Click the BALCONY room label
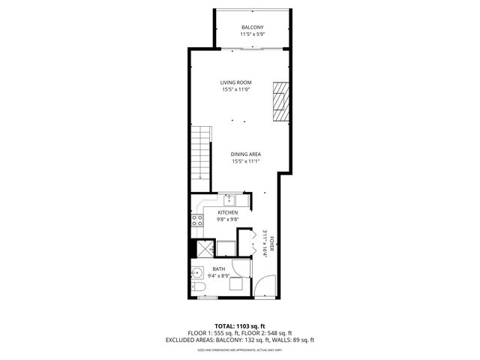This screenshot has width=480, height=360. [251, 28]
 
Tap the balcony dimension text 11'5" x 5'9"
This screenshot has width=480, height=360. [251, 34]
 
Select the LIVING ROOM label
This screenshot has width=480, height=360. [235, 82]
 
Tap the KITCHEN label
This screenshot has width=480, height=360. [228, 212]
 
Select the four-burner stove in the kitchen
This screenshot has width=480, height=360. [198, 220]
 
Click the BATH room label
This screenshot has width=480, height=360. [218, 268]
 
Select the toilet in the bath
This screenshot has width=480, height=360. [199, 288]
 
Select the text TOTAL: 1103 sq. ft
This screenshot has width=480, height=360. [239, 325]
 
